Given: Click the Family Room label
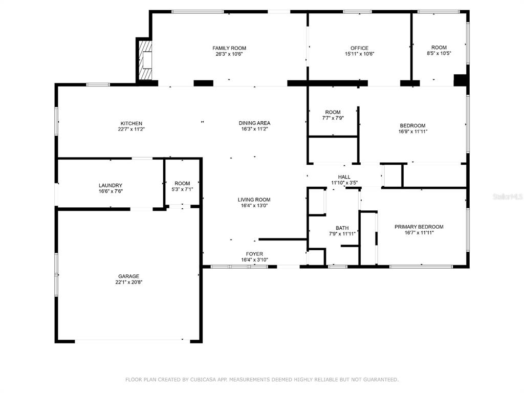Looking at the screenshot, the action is point(229,48).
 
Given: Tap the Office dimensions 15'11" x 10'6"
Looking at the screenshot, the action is point(360,54).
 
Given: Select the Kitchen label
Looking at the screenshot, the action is point(132,123).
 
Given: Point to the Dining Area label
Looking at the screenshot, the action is point(254,123).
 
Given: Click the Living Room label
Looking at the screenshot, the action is point(254,200).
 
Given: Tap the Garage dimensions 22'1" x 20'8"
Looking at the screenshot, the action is point(128,282).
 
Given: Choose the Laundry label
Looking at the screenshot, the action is point(111,185).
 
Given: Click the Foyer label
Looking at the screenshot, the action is point(254,254).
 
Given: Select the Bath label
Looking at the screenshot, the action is point(342,228).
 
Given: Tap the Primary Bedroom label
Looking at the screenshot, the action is point(419,227).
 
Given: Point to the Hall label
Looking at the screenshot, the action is point(344,177).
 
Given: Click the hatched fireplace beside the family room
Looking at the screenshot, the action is point(145,60).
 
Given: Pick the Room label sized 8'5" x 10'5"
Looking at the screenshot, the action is point(439,48).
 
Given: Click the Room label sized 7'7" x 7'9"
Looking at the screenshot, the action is point(333,112).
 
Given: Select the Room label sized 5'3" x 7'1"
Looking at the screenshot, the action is point(182,184).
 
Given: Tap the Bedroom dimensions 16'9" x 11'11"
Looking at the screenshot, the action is point(413,132).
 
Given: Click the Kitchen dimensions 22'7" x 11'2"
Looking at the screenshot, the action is point(132,129).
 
